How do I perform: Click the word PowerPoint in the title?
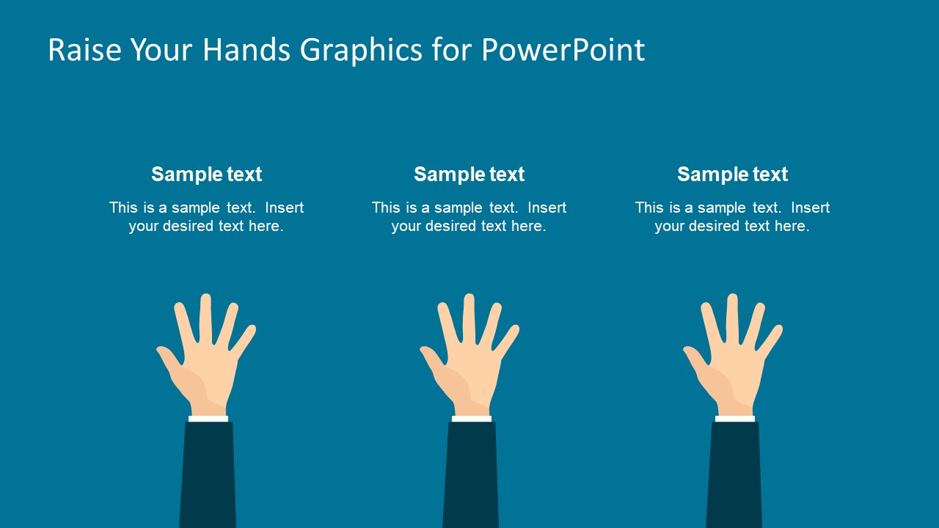(563, 50)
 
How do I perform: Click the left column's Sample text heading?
(206, 175)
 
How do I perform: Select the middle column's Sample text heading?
(469, 175)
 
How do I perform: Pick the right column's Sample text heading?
(732, 175)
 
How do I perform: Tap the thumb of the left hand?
(168, 359)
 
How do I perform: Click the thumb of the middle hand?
(431, 359)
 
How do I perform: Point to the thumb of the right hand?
(695, 359)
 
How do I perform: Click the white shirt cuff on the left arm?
(208, 419)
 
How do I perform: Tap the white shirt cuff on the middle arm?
(472, 419)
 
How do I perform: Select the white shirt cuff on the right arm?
(735, 419)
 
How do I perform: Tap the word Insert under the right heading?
(810, 208)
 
